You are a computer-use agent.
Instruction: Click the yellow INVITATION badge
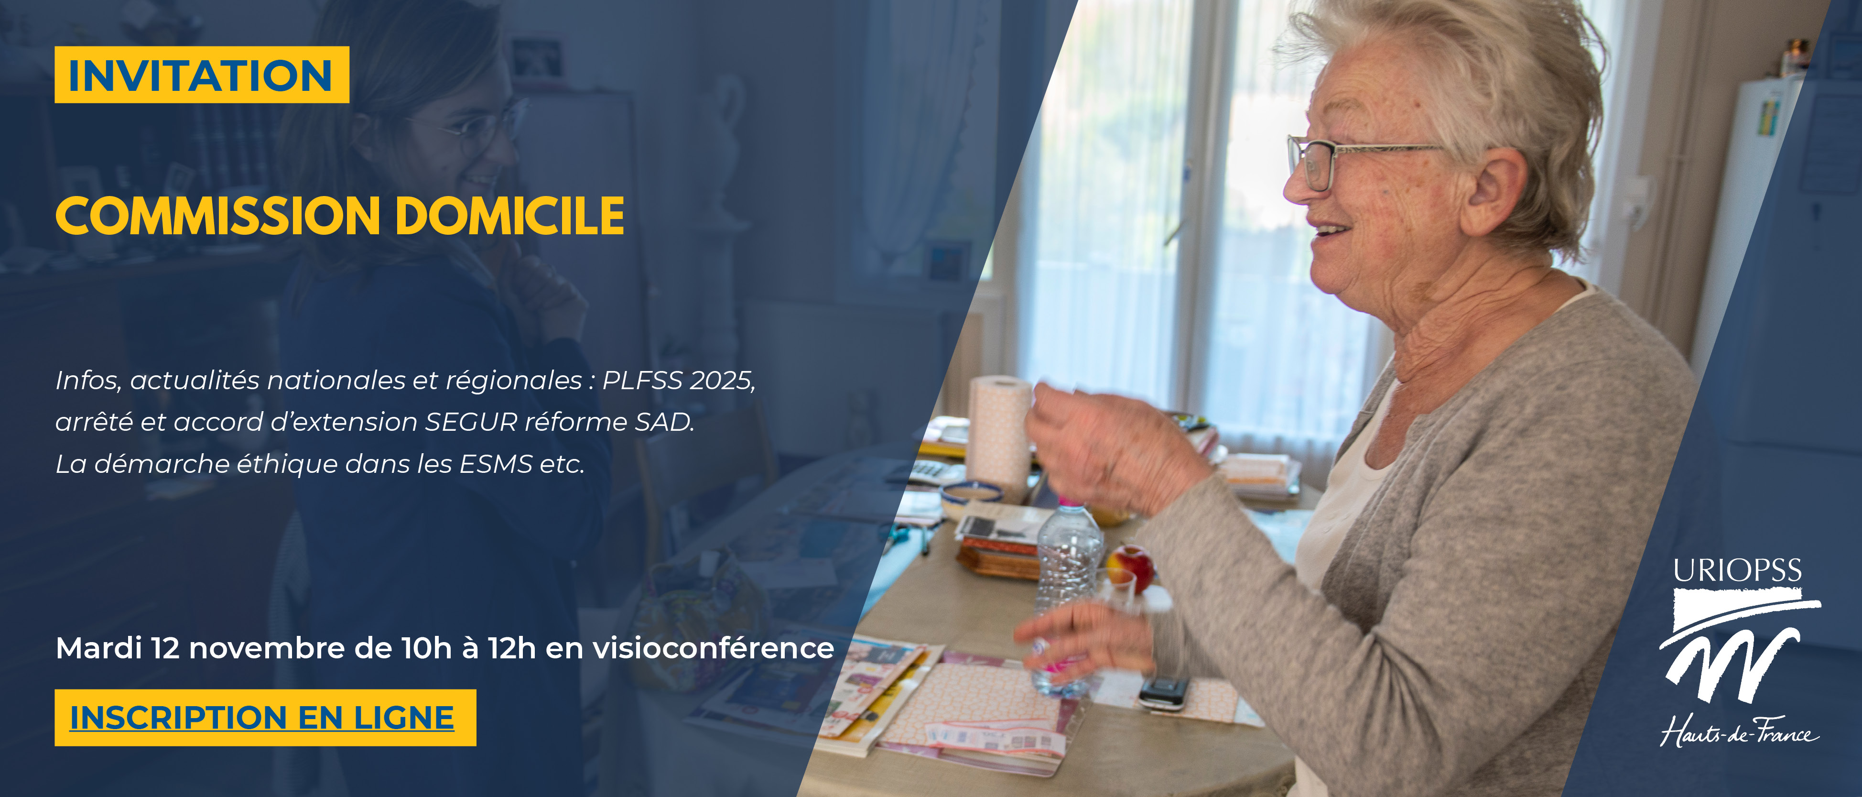pos(202,75)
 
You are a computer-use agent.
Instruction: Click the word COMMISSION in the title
pos(217,216)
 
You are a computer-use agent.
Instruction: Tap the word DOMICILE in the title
pos(510,216)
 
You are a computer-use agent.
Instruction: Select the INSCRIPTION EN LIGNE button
pos(265,718)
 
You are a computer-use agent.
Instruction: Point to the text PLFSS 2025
pos(679,380)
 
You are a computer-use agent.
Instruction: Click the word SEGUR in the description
pos(471,422)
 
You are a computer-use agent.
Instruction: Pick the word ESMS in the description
pos(496,464)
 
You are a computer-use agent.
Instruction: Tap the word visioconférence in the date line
pos(714,648)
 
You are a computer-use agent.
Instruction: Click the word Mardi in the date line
pos(99,648)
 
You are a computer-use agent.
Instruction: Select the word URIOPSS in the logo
pos(1738,571)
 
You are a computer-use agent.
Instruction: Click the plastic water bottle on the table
pos(1067,593)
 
